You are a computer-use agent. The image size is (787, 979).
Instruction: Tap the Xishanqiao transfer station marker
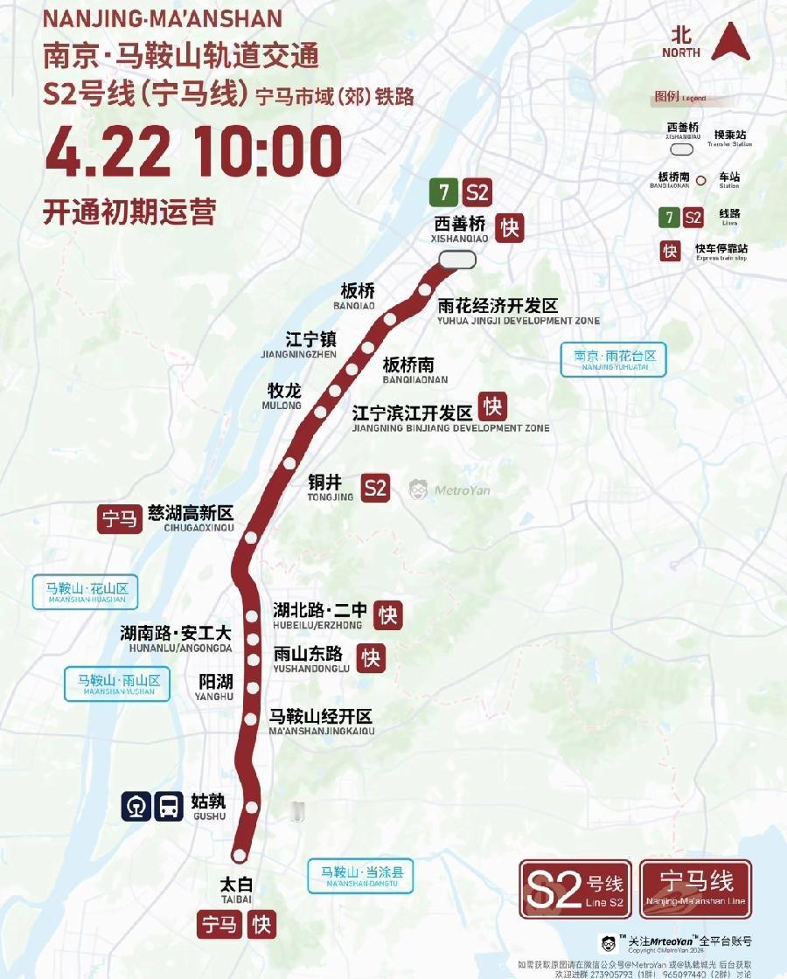(x=457, y=260)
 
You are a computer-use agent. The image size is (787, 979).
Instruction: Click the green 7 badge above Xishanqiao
(x=444, y=192)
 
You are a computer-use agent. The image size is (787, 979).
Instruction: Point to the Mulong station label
(x=283, y=394)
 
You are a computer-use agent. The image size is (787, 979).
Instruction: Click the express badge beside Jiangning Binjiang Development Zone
(x=492, y=406)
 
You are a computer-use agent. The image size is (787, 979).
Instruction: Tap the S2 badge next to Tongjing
(x=375, y=488)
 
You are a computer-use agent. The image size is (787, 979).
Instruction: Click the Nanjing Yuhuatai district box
(x=614, y=359)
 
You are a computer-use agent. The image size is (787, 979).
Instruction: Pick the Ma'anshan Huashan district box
(x=87, y=593)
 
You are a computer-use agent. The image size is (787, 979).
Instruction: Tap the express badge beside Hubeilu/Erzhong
(x=387, y=614)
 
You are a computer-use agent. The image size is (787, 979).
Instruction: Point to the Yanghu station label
(x=215, y=686)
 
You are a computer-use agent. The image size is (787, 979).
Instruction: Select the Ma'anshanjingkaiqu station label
(x=321, y=722)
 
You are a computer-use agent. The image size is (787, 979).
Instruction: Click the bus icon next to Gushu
(x=168, y=806)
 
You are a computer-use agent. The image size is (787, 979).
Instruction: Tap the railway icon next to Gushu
(x=136, y=806)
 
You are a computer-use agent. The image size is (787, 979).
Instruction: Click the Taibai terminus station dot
(x=239, y=855)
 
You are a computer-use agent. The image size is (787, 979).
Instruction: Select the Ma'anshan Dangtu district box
(x=359, y=875)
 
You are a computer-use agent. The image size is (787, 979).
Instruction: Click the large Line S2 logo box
(x=575, y=889)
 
